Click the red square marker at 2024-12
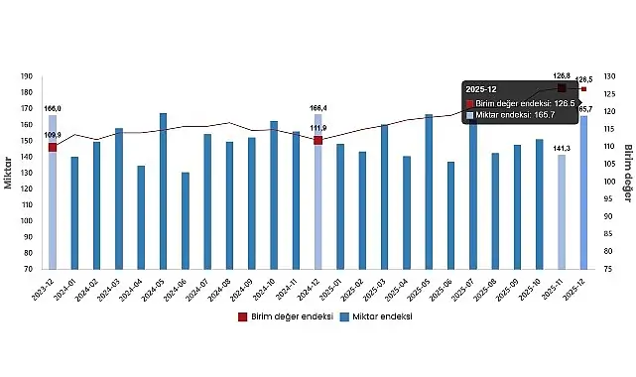[x=318, y=140]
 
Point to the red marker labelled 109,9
[x=53, y=147]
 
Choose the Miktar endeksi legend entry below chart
[x=374, y=316]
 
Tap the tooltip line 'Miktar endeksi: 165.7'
[x=520, y=115]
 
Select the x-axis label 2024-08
[x=226, y=288]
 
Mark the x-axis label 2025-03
[x=381, y=288]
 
